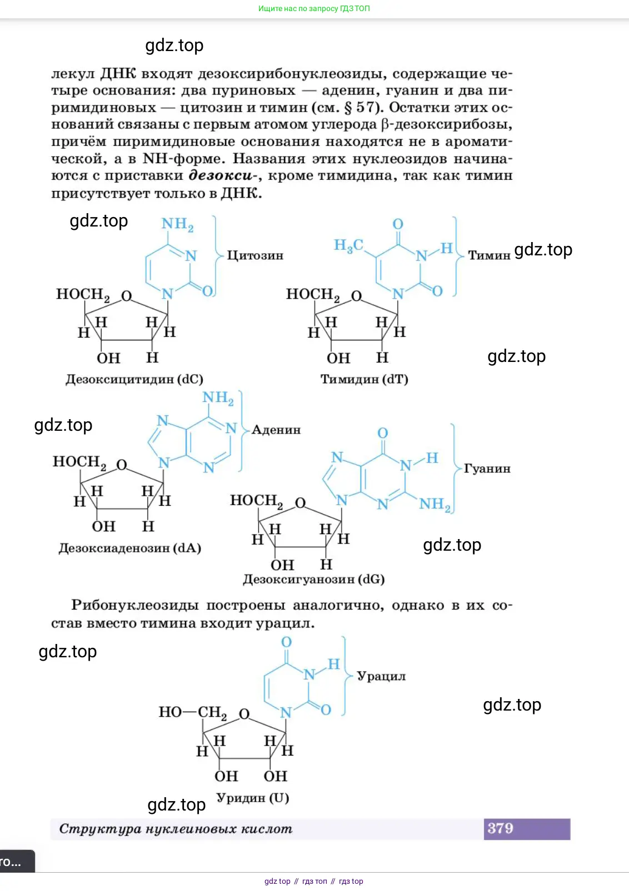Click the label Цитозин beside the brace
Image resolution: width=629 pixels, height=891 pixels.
255,255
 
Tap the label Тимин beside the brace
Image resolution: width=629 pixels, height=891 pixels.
489,255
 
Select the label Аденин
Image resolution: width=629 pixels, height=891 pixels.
276,430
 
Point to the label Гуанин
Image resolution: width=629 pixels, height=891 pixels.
487,469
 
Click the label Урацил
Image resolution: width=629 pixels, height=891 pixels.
381,676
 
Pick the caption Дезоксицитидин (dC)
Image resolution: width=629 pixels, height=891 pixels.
134,379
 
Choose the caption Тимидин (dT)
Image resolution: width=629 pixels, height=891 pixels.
365,379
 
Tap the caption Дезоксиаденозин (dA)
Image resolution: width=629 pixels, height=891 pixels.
130,548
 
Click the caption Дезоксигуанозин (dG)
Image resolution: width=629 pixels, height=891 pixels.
314,579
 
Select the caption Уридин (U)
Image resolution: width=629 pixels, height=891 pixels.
253,798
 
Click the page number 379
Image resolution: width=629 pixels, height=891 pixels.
501,829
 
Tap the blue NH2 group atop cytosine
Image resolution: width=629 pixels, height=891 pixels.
178,224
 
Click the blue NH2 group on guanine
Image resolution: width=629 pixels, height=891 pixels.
435,505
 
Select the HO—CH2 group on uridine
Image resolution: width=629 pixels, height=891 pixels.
193,712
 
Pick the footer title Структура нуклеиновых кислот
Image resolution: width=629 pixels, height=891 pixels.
176,829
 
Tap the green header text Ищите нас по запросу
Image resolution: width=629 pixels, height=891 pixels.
298,8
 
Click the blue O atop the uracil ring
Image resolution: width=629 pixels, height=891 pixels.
286,642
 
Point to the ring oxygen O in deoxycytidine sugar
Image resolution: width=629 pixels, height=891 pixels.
127,296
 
